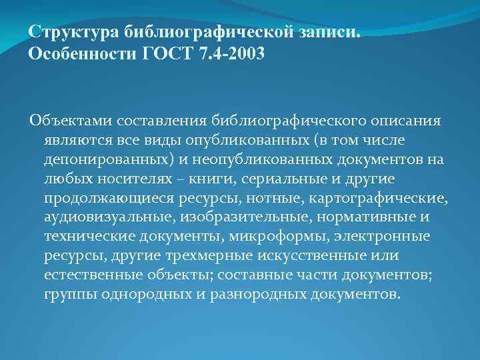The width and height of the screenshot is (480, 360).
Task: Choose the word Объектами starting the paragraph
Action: click(70, 121)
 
